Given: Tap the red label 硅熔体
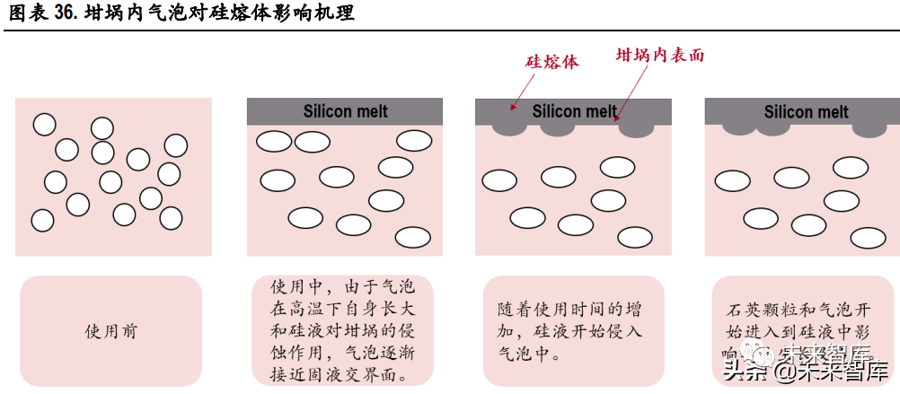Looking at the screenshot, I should pyautogui.click(x=551, y=62).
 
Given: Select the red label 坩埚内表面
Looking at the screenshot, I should pyautogui.click(x=659, y=55).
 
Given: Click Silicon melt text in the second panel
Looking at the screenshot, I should pyautogui.click(x=345, y=111).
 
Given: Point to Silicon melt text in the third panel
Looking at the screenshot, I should pyautogui.click(x=574, y=111).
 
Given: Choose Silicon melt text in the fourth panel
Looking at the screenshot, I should pyautogui.click(x=806, y=111).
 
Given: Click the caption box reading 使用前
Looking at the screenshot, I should pyautogui.click(x=110, y=331).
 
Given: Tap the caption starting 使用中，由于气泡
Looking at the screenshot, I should pyautogui.click(x=341, y=331).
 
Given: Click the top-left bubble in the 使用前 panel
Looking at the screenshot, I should pyautogui.click(x=44, y=125).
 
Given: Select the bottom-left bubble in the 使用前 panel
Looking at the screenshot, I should pyautogui.click(x=42, y=220).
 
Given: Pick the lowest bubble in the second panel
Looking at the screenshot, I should pyautogui.click(x=413, y=237).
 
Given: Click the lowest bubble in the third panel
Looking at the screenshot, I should pyautogui.click(x=634, y=236).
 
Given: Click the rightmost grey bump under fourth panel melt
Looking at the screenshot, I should pyautogui.click(x=869, y=128).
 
